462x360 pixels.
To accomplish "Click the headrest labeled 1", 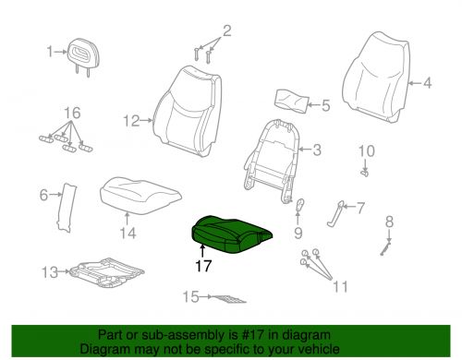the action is pos(81,55).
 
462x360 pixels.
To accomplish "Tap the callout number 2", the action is pos(226,30).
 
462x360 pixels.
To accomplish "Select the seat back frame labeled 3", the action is pos(271,160).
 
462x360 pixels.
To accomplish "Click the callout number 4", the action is pos(427,82).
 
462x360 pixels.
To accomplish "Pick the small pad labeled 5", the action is pos(291,102).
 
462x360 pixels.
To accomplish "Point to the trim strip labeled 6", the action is pos(67,207).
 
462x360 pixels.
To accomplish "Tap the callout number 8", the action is pos(389,222).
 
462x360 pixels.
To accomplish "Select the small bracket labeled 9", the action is pos(299,205).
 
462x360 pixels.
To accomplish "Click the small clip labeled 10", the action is pos(364,174).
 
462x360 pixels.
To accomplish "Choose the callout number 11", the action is pos(340,286).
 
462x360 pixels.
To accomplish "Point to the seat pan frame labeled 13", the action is pos(106,272).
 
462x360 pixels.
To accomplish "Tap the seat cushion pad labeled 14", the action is pos(140,195).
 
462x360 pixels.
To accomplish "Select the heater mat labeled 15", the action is pos(229,298).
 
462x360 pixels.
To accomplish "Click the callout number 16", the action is pos(72,113).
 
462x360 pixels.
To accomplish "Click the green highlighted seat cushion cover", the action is pos(231,234).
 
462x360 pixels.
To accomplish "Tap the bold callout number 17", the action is pos(203,266).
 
